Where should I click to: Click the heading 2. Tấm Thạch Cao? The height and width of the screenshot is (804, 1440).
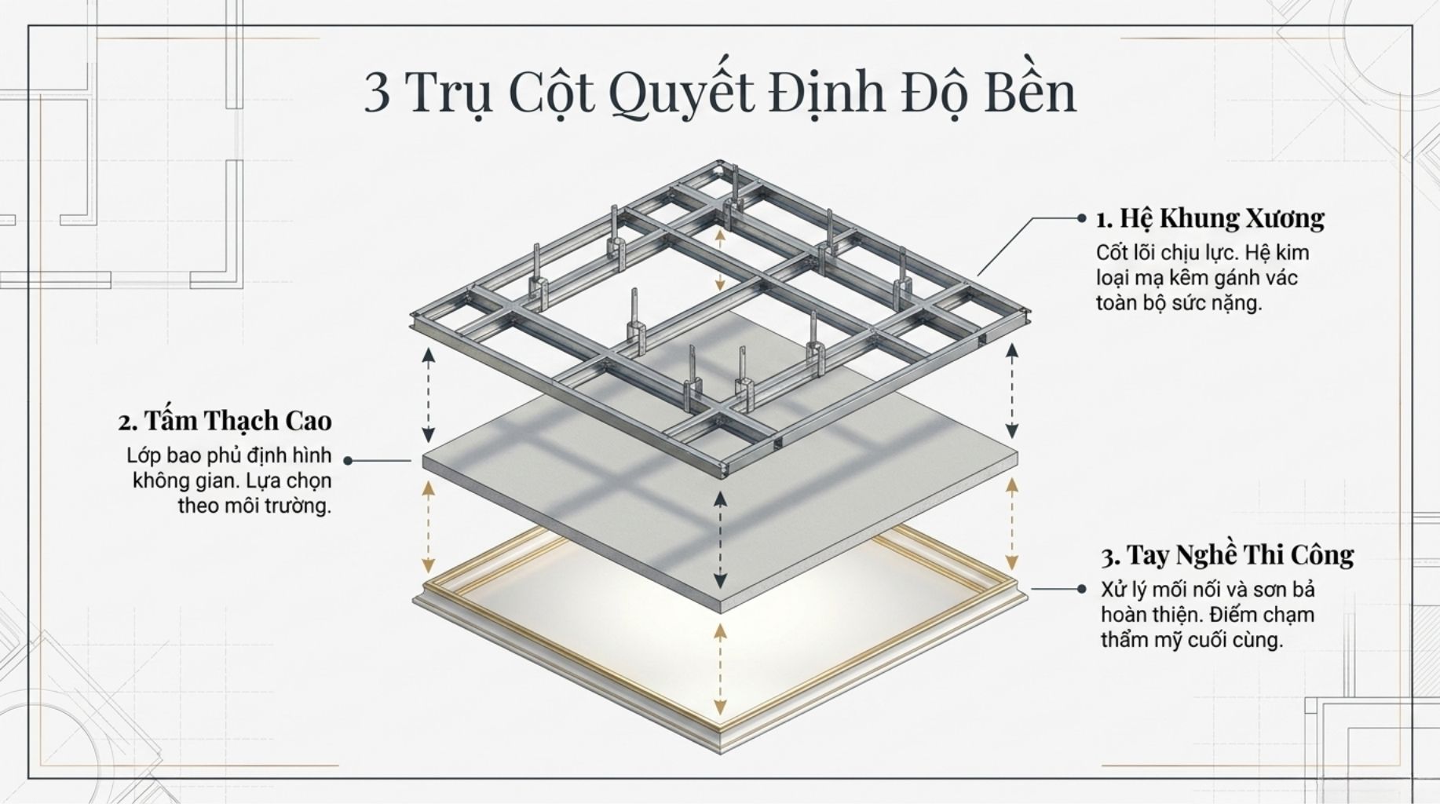click(225, 422)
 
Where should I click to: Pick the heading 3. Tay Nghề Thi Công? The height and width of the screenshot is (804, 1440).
click(1227, 556)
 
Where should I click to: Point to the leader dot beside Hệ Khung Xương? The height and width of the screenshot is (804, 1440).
click(1082, 218)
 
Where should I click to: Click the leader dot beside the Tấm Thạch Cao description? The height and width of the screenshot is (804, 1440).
click(348, 461)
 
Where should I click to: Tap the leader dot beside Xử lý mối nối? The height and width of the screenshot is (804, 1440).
click(1082, 588)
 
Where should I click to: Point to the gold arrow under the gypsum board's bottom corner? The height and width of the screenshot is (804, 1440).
click(720, 670)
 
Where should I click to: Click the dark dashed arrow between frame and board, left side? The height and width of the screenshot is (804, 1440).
click(428, 395)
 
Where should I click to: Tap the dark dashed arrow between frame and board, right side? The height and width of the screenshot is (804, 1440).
click(1012, 390)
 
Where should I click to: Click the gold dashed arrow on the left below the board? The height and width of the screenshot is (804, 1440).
click(428, 527)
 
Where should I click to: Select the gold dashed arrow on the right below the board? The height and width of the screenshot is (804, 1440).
click(1012, 524)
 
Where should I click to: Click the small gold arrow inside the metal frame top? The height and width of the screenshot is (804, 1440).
click(720, 260)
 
